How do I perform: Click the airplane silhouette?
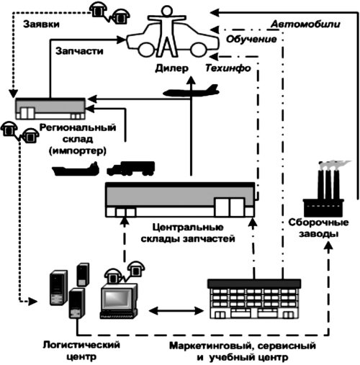click(191, 91)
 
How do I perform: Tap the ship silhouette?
click(76, 169)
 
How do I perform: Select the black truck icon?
click(131, 168)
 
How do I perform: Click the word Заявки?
click(41, 24)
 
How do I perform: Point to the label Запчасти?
click(79, 51)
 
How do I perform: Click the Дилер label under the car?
click(172, 68)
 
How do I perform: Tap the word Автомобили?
click(305, 24)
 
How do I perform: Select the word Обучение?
click(251, 39)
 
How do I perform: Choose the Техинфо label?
click(228, 68)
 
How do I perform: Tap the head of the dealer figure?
click(166, 12)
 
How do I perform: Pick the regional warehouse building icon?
click(50, 109)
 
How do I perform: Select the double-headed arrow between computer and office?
click(176, 311)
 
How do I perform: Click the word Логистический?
click(81, 345)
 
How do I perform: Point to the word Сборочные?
click(318, 222)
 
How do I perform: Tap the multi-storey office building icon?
click(254, 299)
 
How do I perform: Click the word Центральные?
click(188, 227)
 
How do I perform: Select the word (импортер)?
click(78, 151)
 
